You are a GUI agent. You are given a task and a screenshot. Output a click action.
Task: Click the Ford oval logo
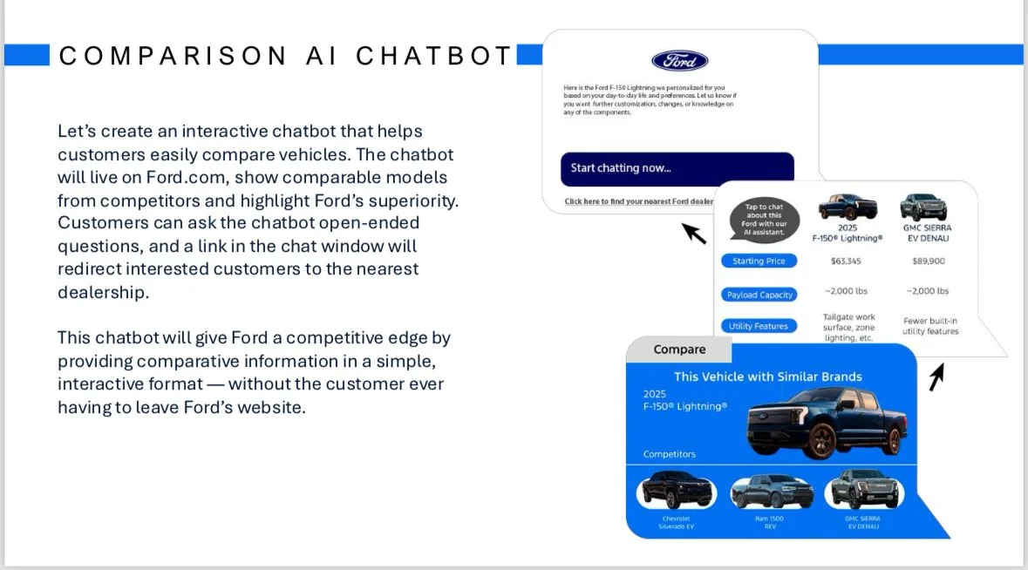point(679,60)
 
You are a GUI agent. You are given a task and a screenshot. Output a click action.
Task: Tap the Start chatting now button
point(677,168)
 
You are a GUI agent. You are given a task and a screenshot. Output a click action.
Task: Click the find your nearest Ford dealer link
point(638,201)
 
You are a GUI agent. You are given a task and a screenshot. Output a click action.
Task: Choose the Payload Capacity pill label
point(759,295)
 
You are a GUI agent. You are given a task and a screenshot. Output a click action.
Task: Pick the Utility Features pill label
point(759,326)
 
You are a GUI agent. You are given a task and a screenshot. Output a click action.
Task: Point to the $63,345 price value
point(848,261)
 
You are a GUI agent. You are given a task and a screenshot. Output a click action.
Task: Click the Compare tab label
point(679,349)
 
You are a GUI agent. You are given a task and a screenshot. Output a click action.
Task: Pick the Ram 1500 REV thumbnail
point(770,492)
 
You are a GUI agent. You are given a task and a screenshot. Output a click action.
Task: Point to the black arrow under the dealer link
point(694,233)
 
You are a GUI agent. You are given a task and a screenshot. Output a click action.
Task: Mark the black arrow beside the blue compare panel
point(936,377)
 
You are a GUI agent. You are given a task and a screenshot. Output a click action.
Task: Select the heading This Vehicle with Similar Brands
point(767,377)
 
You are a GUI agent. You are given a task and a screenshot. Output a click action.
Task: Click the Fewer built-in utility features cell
point(930,326)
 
